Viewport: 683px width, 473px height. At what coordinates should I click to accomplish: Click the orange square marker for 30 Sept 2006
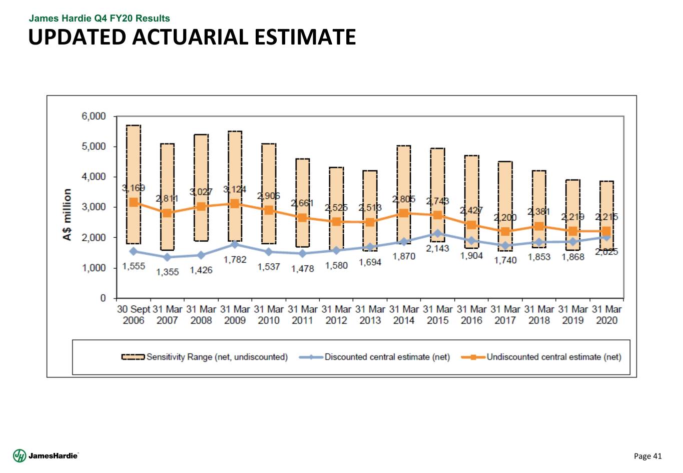[134, 202]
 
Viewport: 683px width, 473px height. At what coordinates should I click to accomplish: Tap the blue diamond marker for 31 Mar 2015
[438, 234]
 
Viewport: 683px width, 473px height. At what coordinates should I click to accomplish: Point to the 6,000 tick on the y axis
[94, 117]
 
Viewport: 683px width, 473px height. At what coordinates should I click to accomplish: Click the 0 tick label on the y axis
[103, 298]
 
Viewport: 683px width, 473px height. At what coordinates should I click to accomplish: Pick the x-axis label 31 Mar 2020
[606, 315]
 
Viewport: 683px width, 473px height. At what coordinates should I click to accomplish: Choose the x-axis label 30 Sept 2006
[134, 315]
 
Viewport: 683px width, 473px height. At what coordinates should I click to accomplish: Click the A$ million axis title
[68, 214]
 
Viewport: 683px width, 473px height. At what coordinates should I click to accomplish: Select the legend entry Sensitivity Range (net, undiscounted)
[205, 357]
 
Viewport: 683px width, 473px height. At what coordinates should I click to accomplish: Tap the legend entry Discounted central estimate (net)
[374, 357]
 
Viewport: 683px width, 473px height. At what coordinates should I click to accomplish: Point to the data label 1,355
[167, 272]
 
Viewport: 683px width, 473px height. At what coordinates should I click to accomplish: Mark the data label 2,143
[438, 248]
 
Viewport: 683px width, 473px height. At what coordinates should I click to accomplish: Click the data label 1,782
[235, 260]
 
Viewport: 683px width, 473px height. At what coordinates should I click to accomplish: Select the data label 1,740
[505, 260]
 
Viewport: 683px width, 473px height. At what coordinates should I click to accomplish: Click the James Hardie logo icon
[20, 455]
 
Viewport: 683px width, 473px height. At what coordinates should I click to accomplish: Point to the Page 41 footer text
[647, 456]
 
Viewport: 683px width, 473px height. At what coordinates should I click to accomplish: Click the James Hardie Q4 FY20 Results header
[99, 19]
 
